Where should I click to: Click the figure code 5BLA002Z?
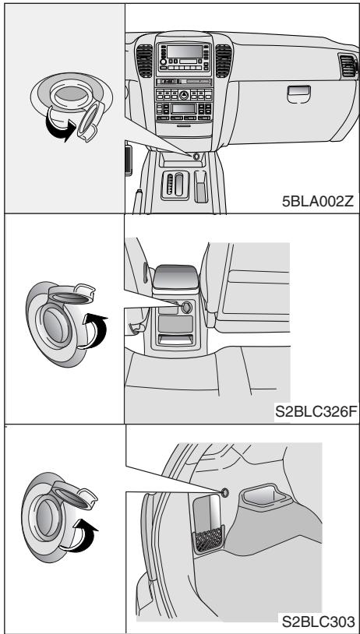[x=317, y=202]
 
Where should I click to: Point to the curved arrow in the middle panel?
[x=96, y=331]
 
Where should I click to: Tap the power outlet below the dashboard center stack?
[x=196, y=156]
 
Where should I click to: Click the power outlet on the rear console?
[x=186, y=308]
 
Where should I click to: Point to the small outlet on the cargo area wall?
[x=225, y=492]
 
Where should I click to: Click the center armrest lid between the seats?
[x=176, y=277]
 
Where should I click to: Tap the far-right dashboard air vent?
[x=348, y=66]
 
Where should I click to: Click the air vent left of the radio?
[x=144, y=61]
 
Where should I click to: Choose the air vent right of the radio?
[x=224, y=61]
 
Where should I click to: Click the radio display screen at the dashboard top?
[x=185, y=51]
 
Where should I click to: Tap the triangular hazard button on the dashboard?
[x=184, y=95]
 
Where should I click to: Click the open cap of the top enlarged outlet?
[x=90, y=122]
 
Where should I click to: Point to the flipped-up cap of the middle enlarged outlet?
[x=72, y=294]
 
